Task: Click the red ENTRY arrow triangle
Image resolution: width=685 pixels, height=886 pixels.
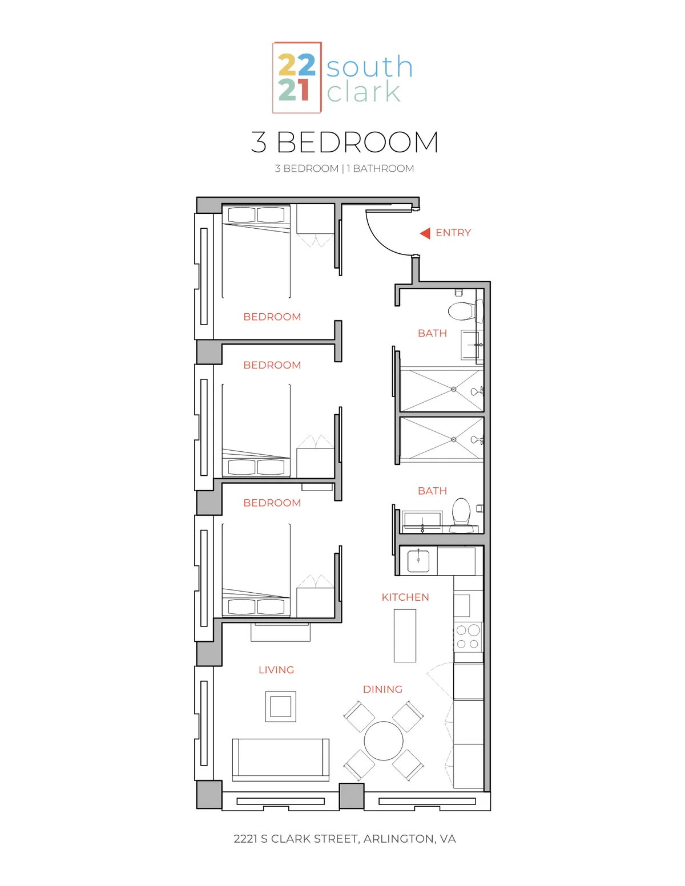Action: tap(426, 233)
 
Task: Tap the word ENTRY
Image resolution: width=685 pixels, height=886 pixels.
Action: tap(453, 233)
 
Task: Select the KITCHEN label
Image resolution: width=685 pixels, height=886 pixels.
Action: tap(405, 597)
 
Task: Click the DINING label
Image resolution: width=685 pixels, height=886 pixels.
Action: tap(382, 690)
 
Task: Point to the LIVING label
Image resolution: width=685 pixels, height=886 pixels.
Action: tap(276, 670)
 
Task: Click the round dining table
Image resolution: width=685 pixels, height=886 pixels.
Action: tap(384, 741)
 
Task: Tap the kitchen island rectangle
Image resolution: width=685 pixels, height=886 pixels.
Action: tap(405, 636)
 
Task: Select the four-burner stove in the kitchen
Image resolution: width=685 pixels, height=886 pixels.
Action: tap(468, 637)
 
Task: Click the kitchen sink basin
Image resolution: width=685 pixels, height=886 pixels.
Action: tap(418, 561)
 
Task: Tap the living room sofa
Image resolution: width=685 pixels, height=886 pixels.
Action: tap(281, 759)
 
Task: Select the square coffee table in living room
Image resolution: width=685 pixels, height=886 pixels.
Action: tap(281, 707)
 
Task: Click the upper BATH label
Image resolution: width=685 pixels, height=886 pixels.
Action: tap(432, 333)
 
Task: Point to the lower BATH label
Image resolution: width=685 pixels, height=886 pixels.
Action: tap(432, 491)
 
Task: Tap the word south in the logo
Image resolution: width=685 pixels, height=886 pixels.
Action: tap(369, 66)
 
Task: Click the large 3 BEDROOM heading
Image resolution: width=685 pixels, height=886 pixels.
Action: tap(345, 142)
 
